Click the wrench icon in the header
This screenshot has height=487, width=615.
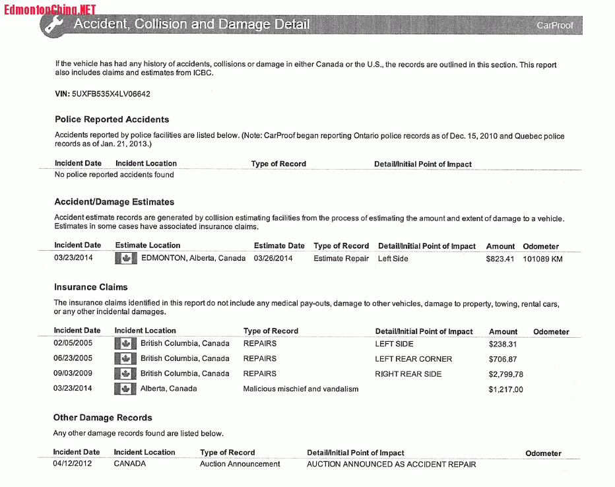click(x=52, y=24)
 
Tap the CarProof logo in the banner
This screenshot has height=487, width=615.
click(x=554, y=25)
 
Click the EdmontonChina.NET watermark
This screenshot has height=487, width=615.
click(x=49, y=9)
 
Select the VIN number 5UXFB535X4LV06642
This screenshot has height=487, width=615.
click(x=111, y=94)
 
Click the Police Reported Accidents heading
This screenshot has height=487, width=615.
click(x=112, y=119)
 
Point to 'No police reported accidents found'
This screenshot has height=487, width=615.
click(x=114, y=175)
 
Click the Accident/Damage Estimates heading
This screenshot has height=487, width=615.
click(x=114, y=202)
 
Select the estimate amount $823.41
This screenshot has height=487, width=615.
click(x=500, y=259)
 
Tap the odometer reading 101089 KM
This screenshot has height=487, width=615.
click(x=542, y=259)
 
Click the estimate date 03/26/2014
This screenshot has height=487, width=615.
click(x=273, y=259)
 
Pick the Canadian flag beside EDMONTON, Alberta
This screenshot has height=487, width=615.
click(x=125, y=259)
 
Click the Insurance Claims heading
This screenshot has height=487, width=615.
click(x=90, y=287)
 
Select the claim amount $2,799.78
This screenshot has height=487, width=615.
click(x=506, y=374)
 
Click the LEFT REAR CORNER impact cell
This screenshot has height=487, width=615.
click(x=414, y=359)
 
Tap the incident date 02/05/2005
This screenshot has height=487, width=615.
click(x=73, y=344)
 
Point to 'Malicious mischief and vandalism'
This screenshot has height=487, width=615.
click(x=301, y=389)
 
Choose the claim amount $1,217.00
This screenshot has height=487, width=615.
click(x=506, y=389)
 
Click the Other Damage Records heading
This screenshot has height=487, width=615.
click(x=102, y=418)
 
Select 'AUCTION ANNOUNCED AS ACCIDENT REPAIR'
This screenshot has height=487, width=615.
click(x=391, y=464)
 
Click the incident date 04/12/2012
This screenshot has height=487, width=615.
click(x=73, y=464)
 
